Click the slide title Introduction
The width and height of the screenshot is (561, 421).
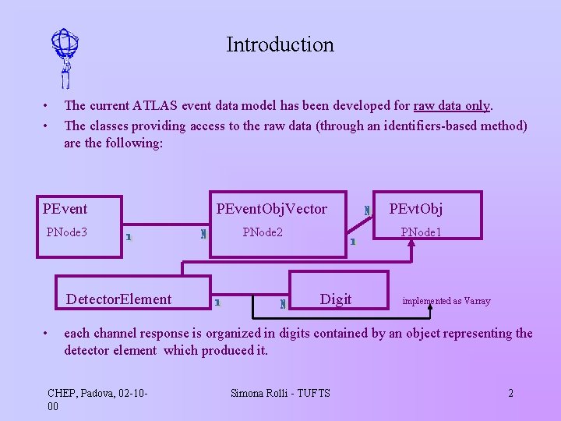(x=280, y=44)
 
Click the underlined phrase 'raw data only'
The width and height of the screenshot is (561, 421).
(x=452, y=105)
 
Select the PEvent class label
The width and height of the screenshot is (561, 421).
(x=65, y=208)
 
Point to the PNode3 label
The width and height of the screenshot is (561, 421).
(x=67, y=232)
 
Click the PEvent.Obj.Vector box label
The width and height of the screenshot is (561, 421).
(x=271, y=208)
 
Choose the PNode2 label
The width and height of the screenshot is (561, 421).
(x=263, y=232)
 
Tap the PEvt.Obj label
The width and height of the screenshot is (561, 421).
(x=416, y=208)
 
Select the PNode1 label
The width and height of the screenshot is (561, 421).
(x=421, y=232)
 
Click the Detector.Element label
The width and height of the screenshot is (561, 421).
(x=118, y=299)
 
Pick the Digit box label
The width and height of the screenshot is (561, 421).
(x=336, y=299)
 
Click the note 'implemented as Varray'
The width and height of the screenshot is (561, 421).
(x=446, y=300)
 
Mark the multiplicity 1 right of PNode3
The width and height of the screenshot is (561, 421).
(x=128, y=236)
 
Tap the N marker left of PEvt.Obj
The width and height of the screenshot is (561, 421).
(x=367, y=210)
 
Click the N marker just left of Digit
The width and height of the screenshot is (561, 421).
(x=283, y=303)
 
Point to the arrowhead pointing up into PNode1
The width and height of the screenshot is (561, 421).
(x=411, y=242)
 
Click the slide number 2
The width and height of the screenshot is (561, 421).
(x=510, y=393)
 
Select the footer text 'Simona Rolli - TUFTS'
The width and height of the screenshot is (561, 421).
(x=280, y=393)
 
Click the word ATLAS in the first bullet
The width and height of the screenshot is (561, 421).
(x=155, y=105)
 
